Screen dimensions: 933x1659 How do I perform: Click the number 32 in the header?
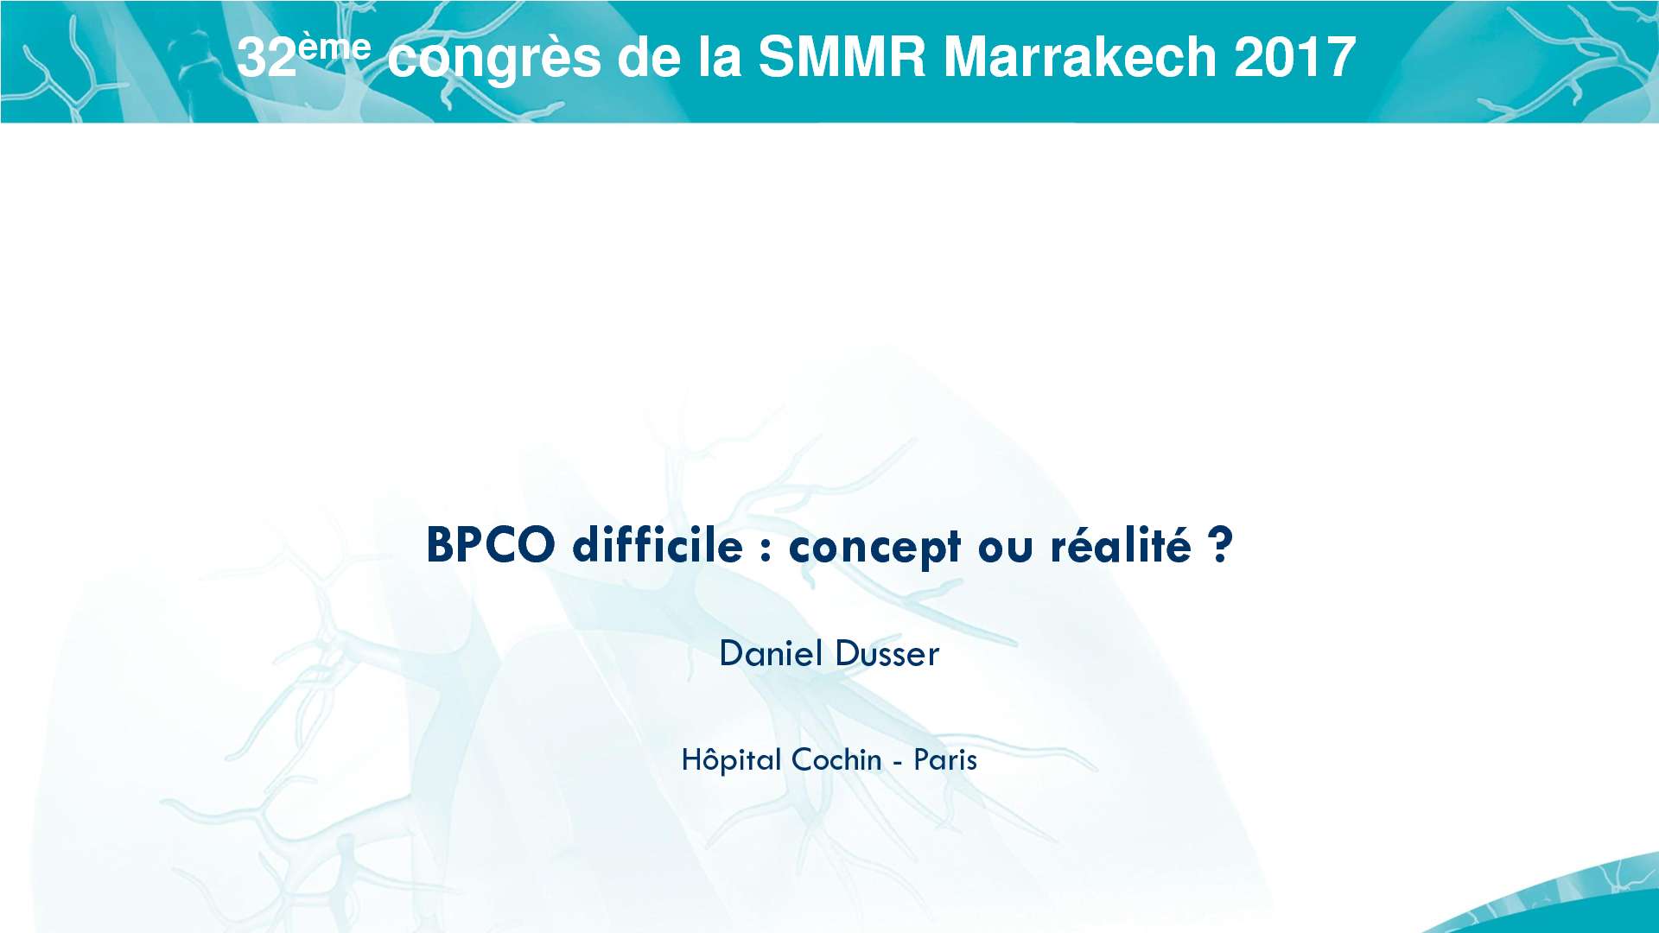267,58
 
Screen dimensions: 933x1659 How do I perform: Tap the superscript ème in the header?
334,47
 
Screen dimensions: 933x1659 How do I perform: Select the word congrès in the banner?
493,59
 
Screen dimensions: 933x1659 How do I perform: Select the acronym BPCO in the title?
490,545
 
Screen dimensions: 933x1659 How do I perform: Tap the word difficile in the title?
658,545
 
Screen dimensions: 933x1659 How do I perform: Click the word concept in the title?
874,547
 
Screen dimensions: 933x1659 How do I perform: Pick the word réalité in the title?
1121,545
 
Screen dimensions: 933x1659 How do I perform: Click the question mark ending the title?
1219,545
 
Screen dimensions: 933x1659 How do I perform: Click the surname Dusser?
887,654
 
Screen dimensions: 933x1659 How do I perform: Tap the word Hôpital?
731,760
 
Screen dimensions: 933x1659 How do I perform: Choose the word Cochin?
836,760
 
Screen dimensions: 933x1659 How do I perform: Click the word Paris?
945,760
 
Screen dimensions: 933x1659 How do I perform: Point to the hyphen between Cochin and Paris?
898,763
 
